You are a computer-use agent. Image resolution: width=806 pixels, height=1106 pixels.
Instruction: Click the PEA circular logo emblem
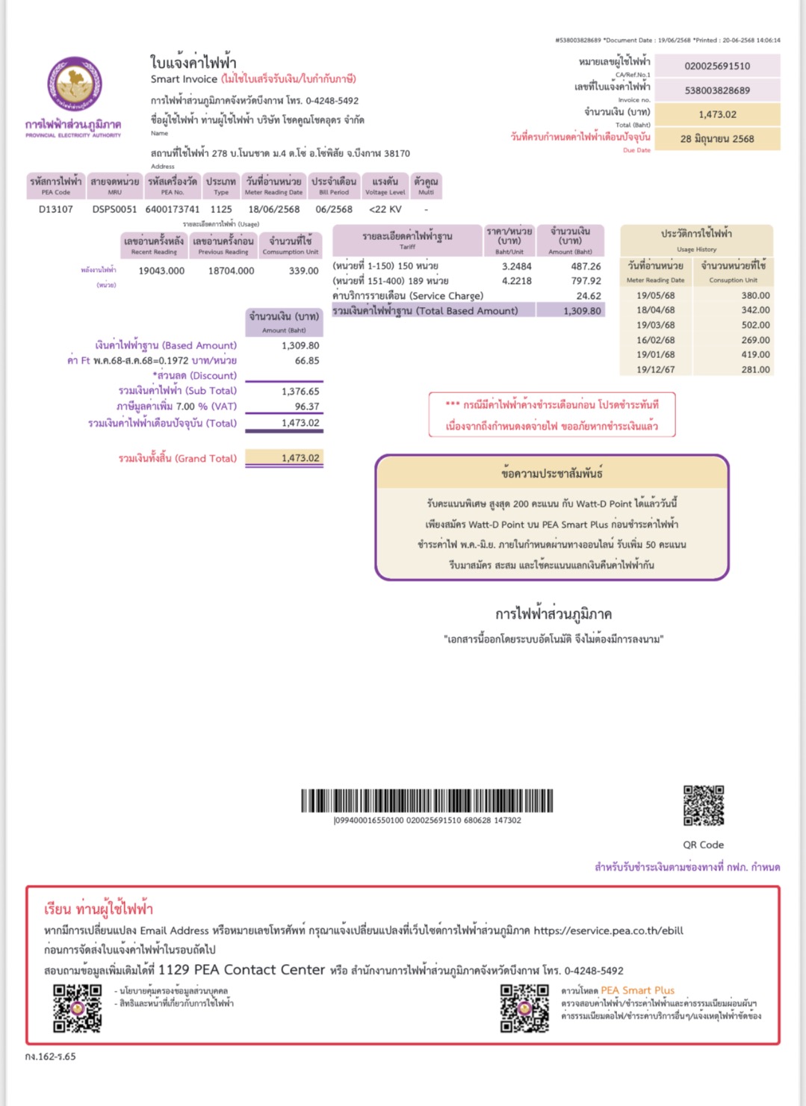coord(75,84)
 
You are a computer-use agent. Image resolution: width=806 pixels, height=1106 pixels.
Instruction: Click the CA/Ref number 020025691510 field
coord(717,66)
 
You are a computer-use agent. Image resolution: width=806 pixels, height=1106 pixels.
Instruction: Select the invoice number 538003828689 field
coord(717,90)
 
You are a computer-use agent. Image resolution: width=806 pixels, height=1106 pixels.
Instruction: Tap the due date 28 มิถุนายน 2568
coord(717,139)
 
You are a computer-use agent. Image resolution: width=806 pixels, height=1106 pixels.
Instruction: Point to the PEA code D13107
coord(56,209)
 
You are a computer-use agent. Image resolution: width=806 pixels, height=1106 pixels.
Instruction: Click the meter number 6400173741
coord(173,209)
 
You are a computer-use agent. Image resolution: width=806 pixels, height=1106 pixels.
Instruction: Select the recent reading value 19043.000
coord(161,271)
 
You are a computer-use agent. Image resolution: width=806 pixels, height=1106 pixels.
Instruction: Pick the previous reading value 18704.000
coord(231,271)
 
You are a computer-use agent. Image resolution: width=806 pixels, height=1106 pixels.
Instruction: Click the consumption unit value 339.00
coord(303,271)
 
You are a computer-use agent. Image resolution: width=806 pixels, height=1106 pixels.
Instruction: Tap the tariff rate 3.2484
coord(517,266)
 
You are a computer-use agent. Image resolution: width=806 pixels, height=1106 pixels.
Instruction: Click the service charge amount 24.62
coord(589,296)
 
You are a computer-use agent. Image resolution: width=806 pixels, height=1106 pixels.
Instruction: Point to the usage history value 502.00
coord(755,325)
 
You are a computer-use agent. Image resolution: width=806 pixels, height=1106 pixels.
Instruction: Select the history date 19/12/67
coord(655,369)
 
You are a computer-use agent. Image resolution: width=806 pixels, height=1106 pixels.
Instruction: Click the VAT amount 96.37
coord(306,407)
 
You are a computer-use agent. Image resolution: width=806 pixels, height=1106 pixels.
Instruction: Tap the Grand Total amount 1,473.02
coord(300,458)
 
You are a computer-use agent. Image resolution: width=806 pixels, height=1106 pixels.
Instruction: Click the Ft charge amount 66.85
coord(306,360)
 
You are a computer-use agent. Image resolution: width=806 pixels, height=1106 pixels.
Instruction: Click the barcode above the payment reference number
coord(427,800)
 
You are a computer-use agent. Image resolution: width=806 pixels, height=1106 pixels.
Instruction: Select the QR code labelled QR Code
coord(704,805)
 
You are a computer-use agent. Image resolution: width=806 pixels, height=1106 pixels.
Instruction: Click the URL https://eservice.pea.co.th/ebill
coord(608,930)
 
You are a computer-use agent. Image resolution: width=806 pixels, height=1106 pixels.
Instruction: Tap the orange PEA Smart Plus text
coord(637,990)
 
